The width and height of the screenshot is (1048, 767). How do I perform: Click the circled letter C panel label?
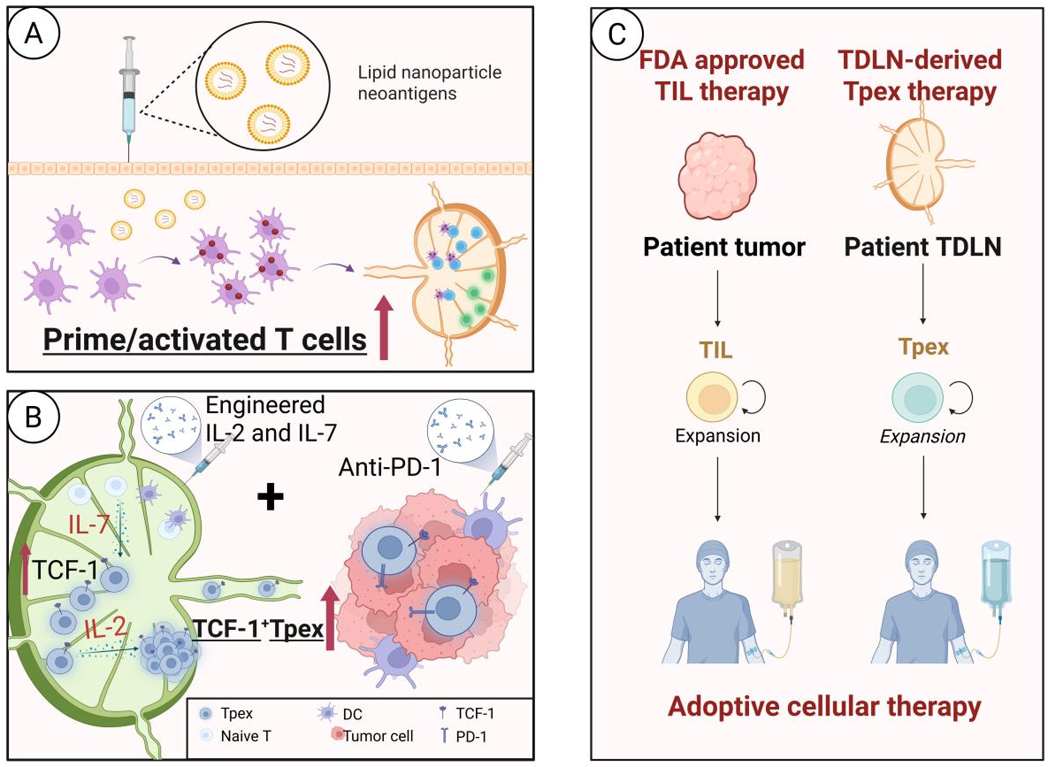pyautogui.click(x=617, y=33)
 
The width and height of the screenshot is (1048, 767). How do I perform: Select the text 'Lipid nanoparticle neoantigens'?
pyautogui.click(x=429, y=83)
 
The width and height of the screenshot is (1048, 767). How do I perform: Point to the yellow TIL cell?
pyautogui.click(x=712, y=397)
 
